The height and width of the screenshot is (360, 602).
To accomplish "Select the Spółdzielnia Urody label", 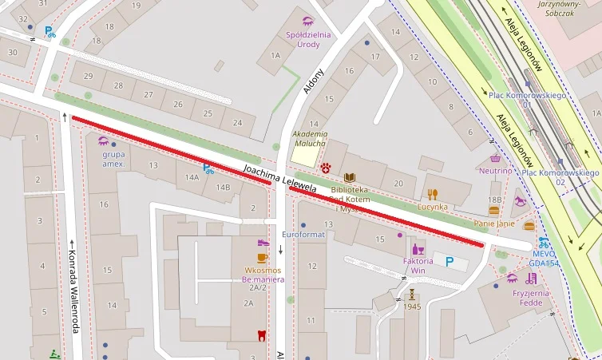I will [308, 39].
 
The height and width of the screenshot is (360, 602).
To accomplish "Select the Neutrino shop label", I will [495, 170].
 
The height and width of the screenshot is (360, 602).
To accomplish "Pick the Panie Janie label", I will [494, 224].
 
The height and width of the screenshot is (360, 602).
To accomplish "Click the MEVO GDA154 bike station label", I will [544, 257].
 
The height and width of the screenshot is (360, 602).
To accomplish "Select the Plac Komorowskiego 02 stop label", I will [560, 176].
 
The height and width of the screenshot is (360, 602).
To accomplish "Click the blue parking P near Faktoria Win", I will [450, 261].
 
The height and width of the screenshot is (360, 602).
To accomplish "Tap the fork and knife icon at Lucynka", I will [433, 193].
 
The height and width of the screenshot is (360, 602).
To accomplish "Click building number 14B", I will [222, 188].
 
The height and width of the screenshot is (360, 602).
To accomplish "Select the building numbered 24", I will [237, 122].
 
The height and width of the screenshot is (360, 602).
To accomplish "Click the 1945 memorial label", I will [412, 307].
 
